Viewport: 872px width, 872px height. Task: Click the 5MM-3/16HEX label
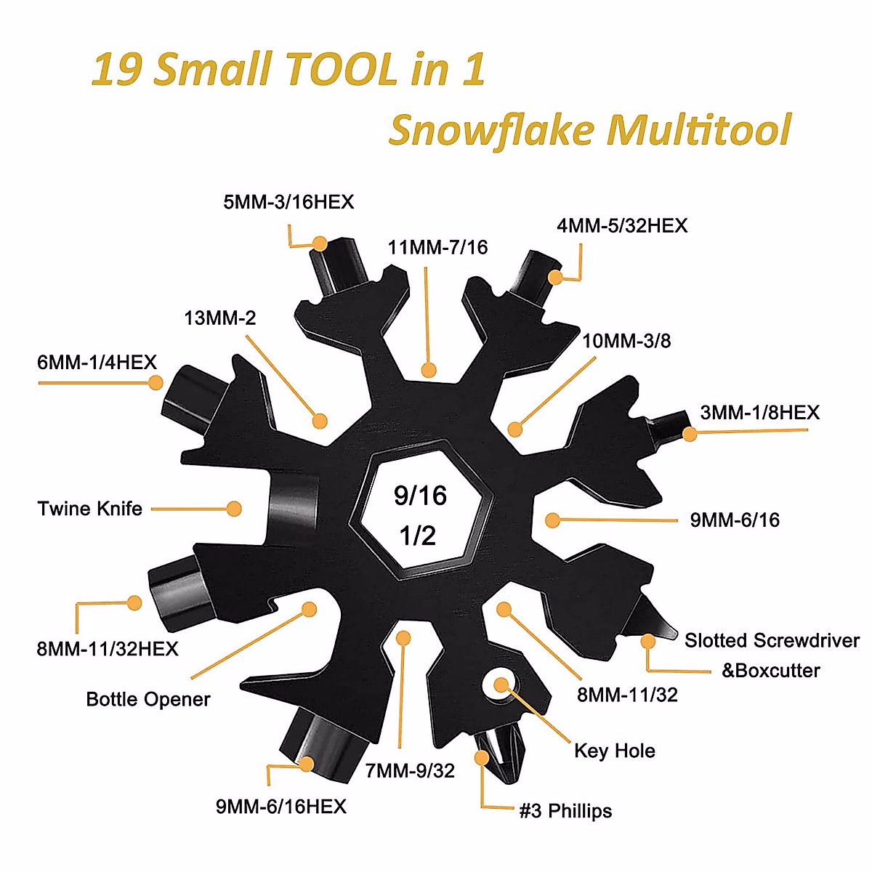[288, 202]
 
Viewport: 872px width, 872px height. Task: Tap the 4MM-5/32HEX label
[622, 226]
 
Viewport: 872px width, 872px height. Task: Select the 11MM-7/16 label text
[437, 248]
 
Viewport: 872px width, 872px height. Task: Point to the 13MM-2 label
[220, 318]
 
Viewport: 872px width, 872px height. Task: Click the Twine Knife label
[90, 509]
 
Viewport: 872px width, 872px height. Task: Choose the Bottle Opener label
[148, 700]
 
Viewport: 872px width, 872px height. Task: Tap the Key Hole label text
[615, 751]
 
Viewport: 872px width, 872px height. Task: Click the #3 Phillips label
[565, 811]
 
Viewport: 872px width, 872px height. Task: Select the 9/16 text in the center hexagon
[420, 496]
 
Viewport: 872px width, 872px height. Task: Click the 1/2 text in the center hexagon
[418, 536]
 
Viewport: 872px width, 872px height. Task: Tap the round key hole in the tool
[501, 685]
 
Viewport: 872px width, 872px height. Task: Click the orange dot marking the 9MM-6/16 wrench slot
[552, 520]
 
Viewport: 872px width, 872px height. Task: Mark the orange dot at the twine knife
[234, 509]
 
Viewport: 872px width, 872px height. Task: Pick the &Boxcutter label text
[770, 671]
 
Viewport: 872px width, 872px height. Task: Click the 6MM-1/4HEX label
[97, 363]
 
